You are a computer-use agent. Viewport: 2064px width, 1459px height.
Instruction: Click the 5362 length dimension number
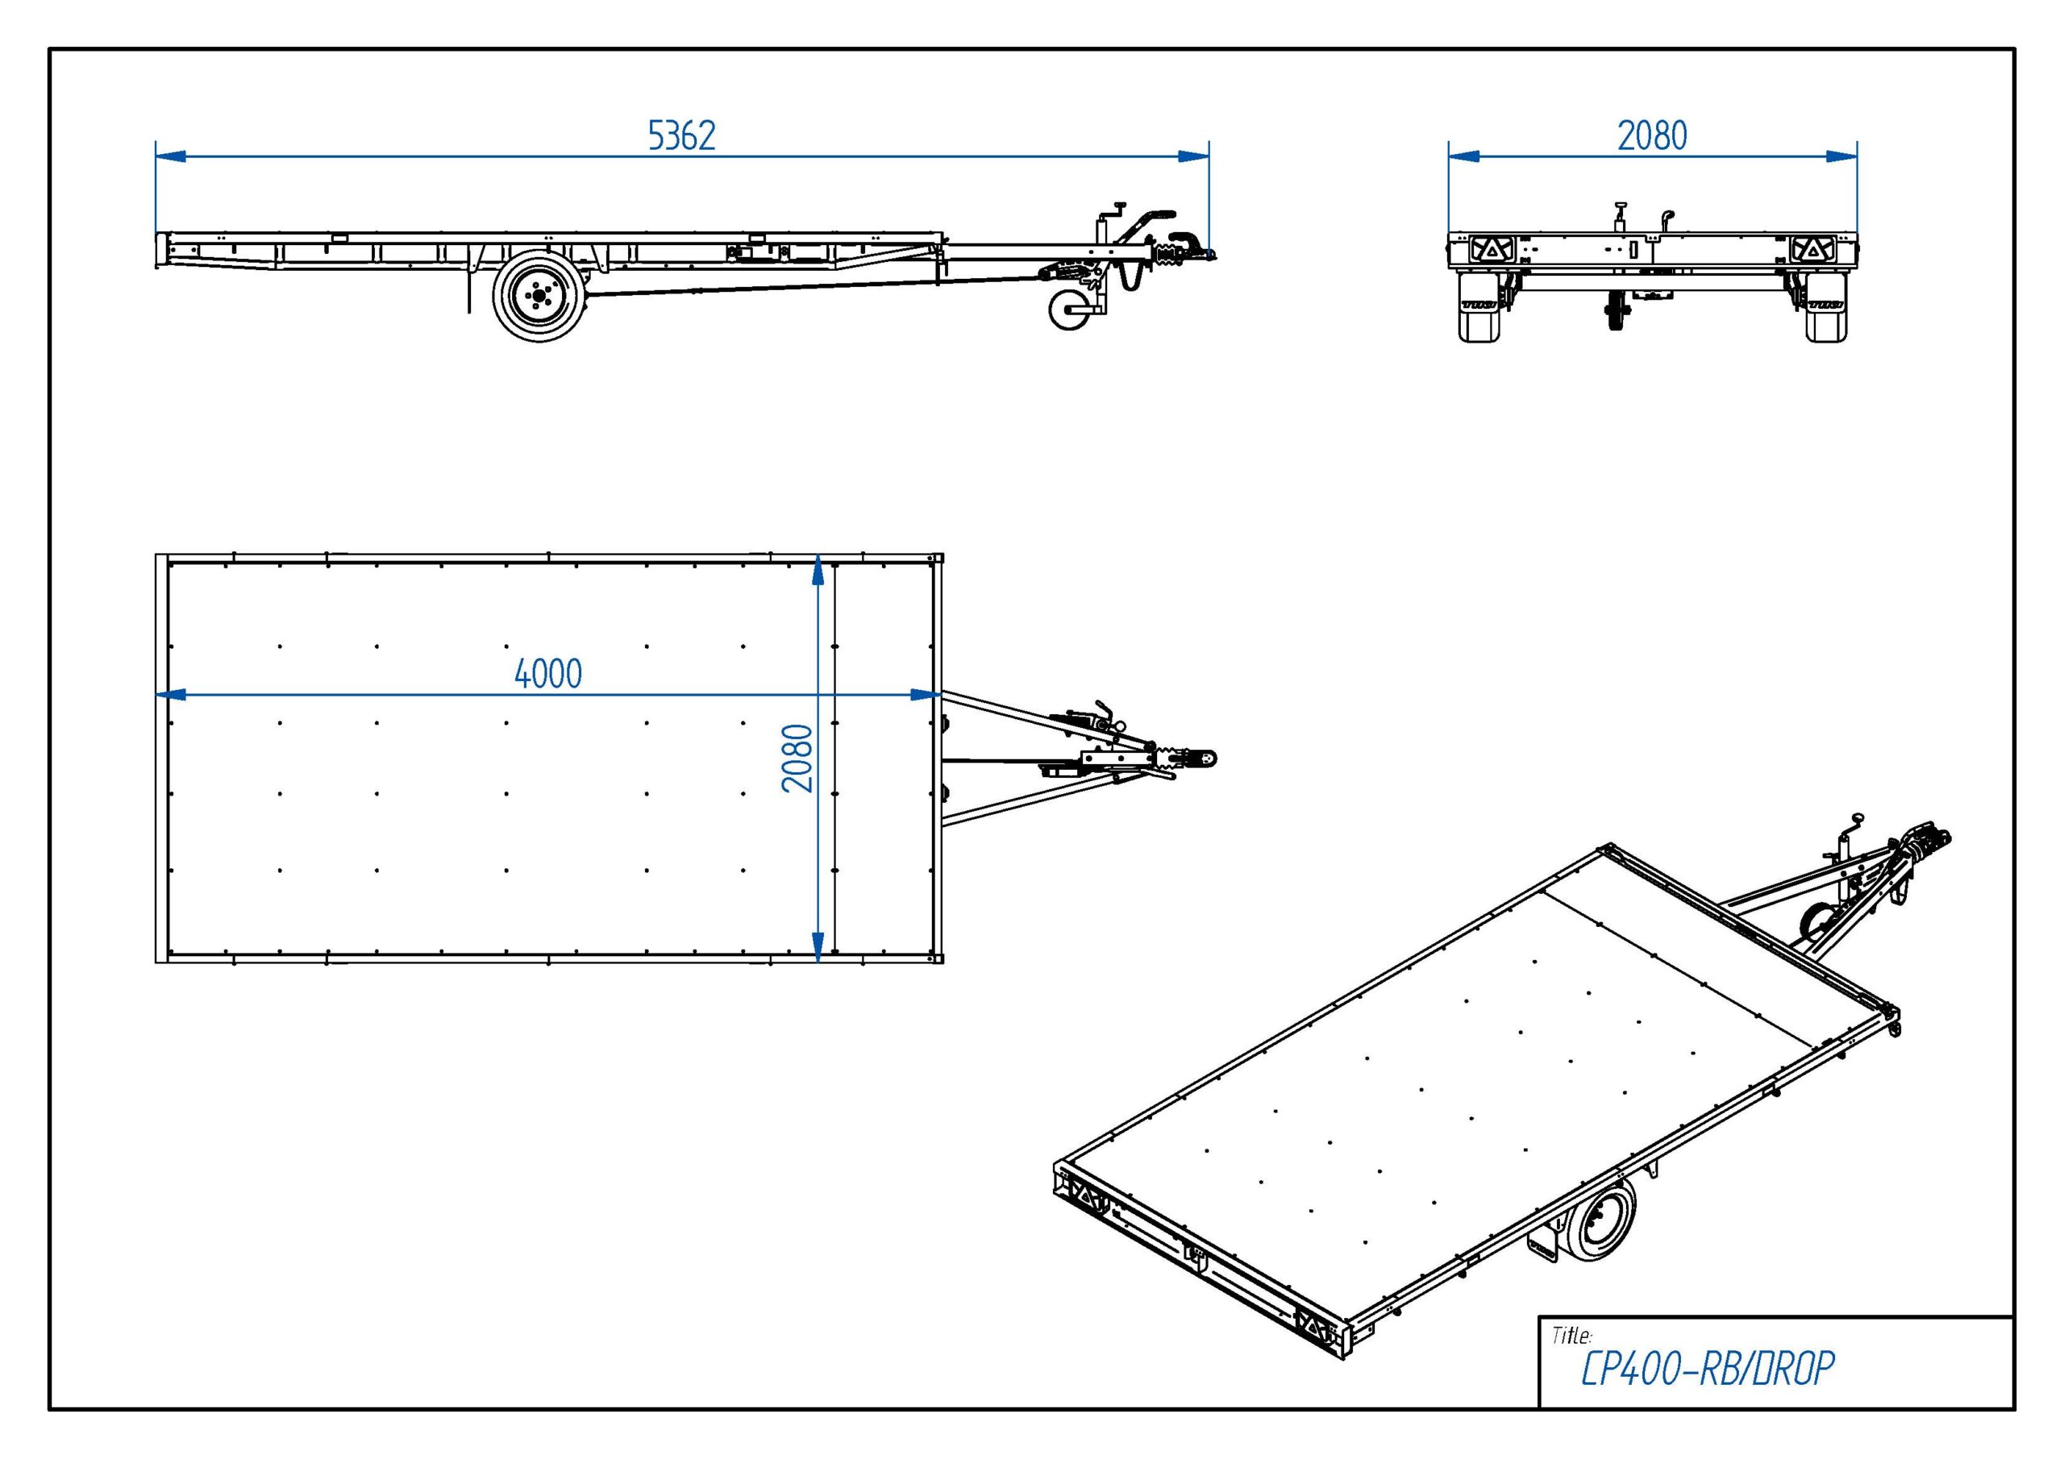pos(681,135)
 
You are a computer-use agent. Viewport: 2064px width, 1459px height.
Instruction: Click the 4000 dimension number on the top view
pos(548,674)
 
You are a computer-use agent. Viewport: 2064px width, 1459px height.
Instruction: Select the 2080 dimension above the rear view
pos(1652,135)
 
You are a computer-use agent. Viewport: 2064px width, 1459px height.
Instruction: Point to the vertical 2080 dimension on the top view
pos(797,758)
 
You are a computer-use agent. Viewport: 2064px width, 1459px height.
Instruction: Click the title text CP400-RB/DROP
pos(1707,1369)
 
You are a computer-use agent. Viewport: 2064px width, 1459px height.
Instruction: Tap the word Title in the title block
pos(1571,1336)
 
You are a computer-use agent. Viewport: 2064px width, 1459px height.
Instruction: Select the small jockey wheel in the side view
pos(1070,310)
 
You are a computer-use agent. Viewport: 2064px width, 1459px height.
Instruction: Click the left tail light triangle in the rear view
pos(1492,250)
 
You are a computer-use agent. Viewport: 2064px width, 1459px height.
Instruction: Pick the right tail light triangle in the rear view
pos(1812,250)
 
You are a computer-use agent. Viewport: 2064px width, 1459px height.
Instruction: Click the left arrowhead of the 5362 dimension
pos(171,156)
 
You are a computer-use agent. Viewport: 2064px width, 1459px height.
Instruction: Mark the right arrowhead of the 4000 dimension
pos(926,695)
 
